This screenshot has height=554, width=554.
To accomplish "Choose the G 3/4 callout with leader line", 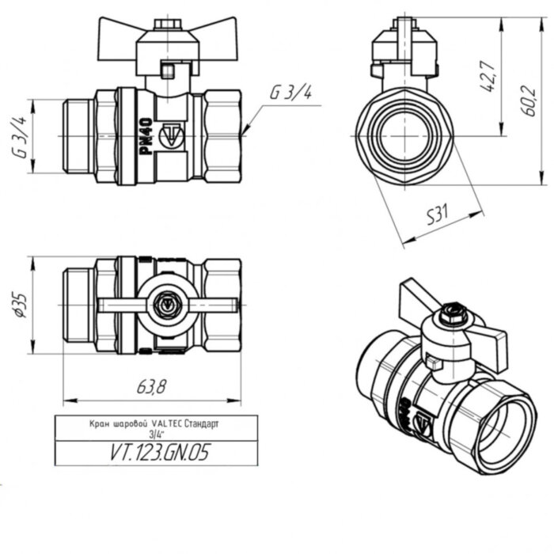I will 290,92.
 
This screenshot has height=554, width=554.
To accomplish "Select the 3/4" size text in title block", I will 154,434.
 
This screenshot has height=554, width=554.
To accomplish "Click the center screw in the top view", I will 168,302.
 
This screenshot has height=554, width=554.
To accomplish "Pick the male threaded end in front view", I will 78,135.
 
